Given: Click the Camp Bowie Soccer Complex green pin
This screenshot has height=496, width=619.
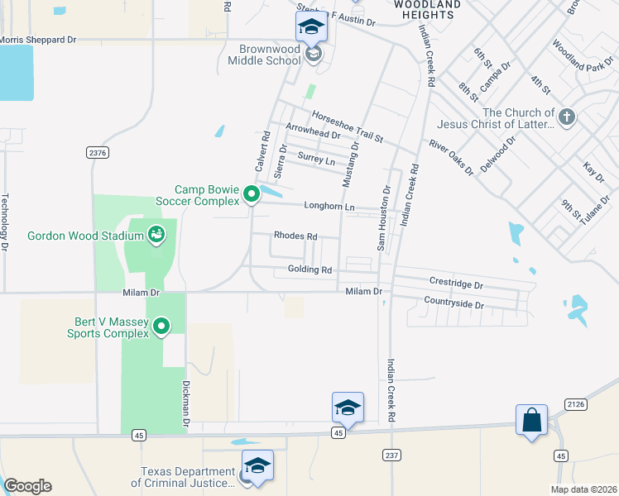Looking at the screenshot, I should (252, 196).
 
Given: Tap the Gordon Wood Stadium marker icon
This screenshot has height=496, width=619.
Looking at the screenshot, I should (156, 236).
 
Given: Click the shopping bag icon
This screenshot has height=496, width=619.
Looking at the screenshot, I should (531, 420).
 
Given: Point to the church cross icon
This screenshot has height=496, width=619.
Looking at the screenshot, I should (566, 117).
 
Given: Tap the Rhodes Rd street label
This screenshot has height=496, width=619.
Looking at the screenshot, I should (295, 236).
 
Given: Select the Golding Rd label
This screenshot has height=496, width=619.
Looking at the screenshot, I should (309, 270).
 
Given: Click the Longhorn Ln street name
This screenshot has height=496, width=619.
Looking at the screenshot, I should (329, 207).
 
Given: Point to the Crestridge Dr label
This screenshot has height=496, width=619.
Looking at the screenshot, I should (456, 284).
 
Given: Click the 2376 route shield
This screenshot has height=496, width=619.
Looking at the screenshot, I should (97, 152).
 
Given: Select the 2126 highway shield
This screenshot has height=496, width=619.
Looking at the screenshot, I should (577, 403).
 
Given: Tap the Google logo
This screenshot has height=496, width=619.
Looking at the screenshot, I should (27, 486).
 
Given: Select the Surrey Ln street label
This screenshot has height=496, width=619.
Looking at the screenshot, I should (317, 160).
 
